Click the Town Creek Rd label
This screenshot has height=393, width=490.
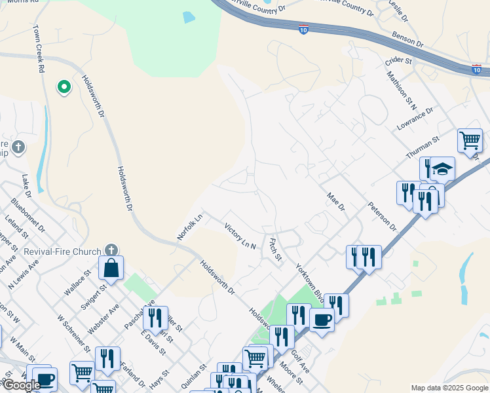39,46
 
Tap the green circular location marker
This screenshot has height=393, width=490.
64,86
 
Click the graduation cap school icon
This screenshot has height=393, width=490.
442,169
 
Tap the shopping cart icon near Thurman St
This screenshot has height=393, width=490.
470,140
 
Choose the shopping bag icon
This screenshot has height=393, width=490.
111,267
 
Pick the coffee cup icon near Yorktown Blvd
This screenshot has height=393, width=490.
321,320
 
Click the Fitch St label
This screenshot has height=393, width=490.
275,249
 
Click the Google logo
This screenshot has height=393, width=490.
22,385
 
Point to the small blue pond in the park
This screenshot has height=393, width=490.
189,17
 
